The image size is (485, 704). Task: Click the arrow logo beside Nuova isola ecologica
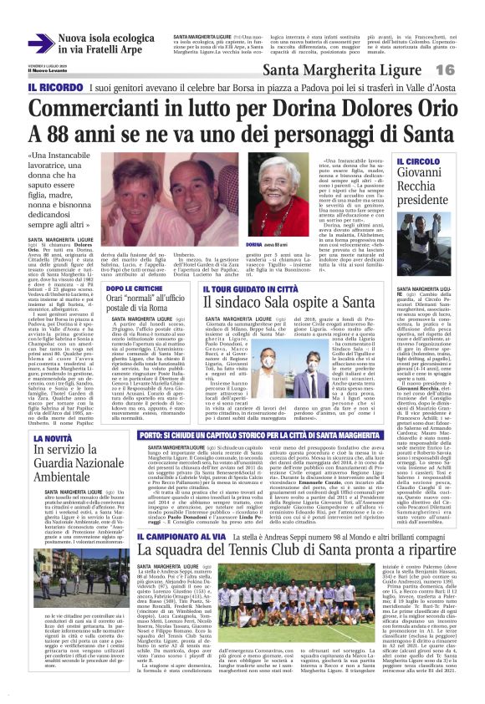click(x=40, y=43)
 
